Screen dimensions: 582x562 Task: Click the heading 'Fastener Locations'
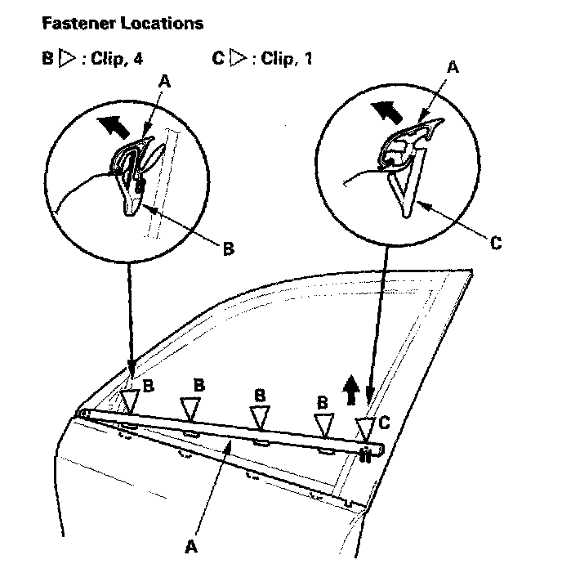(x=122, y=24)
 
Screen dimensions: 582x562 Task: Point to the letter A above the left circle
(x=167, y=83)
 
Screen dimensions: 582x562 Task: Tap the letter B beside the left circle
(x=227, y=248)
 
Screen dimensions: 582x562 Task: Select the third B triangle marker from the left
(x=259, y=417)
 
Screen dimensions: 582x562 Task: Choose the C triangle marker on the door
(x=365, y=428)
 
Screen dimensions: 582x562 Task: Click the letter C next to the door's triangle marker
(x=384, y=423)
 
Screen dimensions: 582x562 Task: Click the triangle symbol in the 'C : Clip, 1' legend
(x=238, y=60)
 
